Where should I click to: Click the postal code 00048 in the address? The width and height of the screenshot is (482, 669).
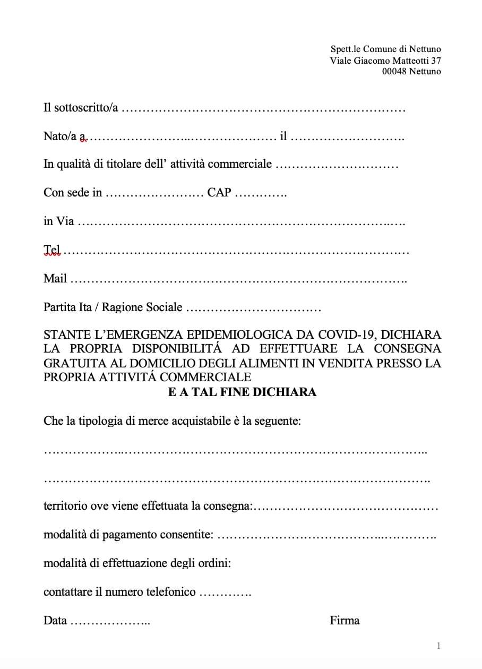coord(394,72)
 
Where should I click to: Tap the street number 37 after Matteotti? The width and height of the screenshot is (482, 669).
coord(436,61)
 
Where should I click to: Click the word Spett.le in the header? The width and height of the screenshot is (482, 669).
coord(345,49)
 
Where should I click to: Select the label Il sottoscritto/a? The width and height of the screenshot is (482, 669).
coord(81,108)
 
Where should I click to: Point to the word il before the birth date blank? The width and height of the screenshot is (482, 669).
coord(283,136)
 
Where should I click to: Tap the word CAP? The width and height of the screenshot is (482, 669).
coord(219,192)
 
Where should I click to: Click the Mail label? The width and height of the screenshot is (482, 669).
coord(55,278)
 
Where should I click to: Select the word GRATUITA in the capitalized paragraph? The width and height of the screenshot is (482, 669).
coord(72,363)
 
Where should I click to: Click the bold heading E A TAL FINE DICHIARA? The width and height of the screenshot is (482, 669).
coord(242,392)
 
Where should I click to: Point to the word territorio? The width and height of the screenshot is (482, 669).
coord(65,506)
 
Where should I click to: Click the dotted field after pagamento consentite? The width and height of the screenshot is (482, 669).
coord(326,536)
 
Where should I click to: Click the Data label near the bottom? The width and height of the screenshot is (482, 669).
coord(55,620)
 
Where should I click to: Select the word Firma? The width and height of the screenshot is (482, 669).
coord(345,620)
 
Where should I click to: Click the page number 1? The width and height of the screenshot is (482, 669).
coord(438,646)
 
